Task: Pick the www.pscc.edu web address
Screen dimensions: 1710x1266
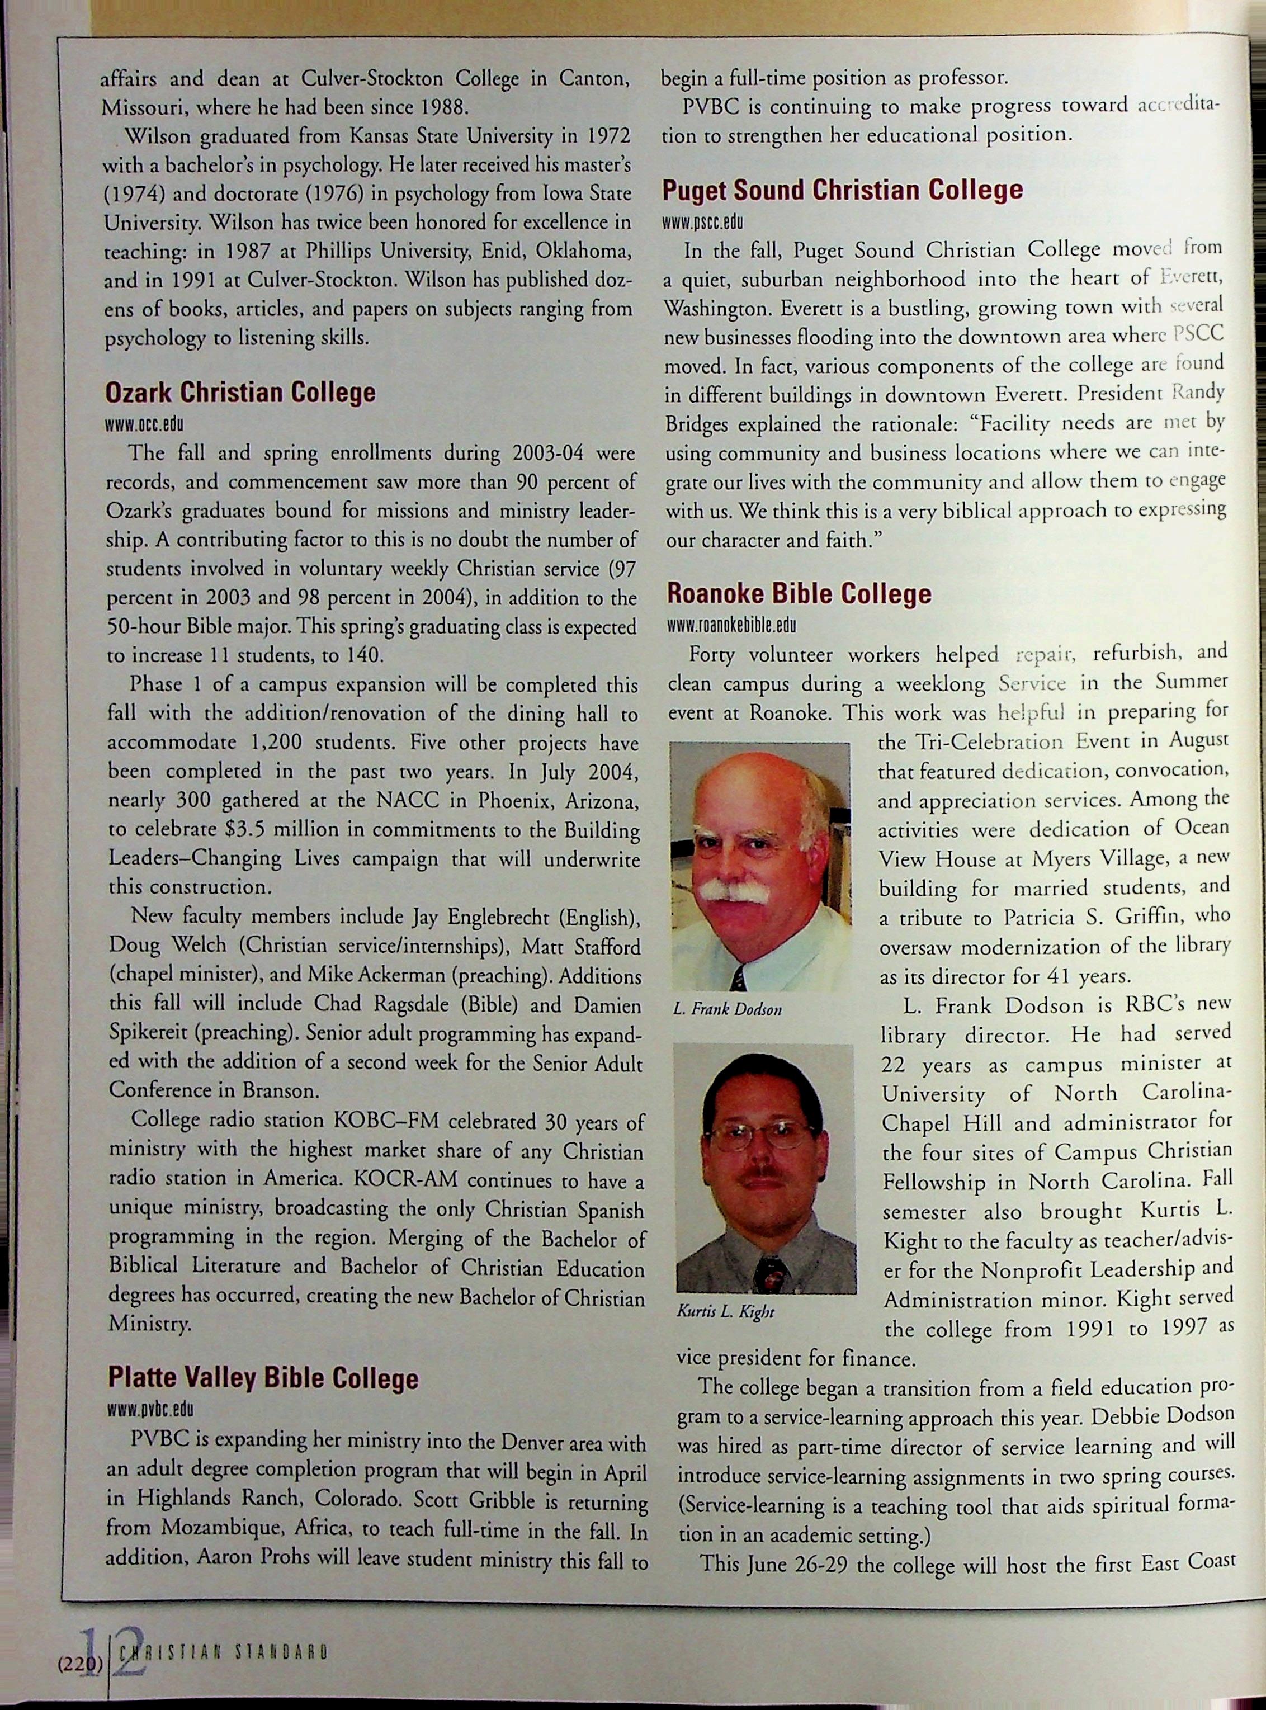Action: pos(703,222)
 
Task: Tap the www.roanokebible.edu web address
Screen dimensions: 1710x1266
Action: pos(732,625)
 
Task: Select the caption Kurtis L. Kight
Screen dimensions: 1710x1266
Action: pos(725,1312)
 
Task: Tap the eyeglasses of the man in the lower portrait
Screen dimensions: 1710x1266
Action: pos(760,1135)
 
